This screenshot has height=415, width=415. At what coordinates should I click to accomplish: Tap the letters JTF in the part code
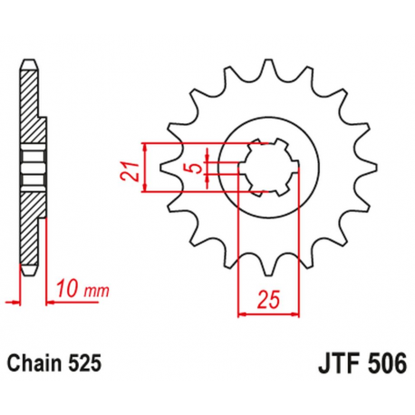pyautogui.click(x=334, y=365)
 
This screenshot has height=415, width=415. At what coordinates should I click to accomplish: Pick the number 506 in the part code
pyautogui.click(x=383, y=365)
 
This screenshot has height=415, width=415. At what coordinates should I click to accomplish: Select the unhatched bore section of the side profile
pyautogui.click(x=34, y=166)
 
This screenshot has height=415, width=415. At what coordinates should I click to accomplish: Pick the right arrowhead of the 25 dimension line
pyautogui.click(x=298, y=314)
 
